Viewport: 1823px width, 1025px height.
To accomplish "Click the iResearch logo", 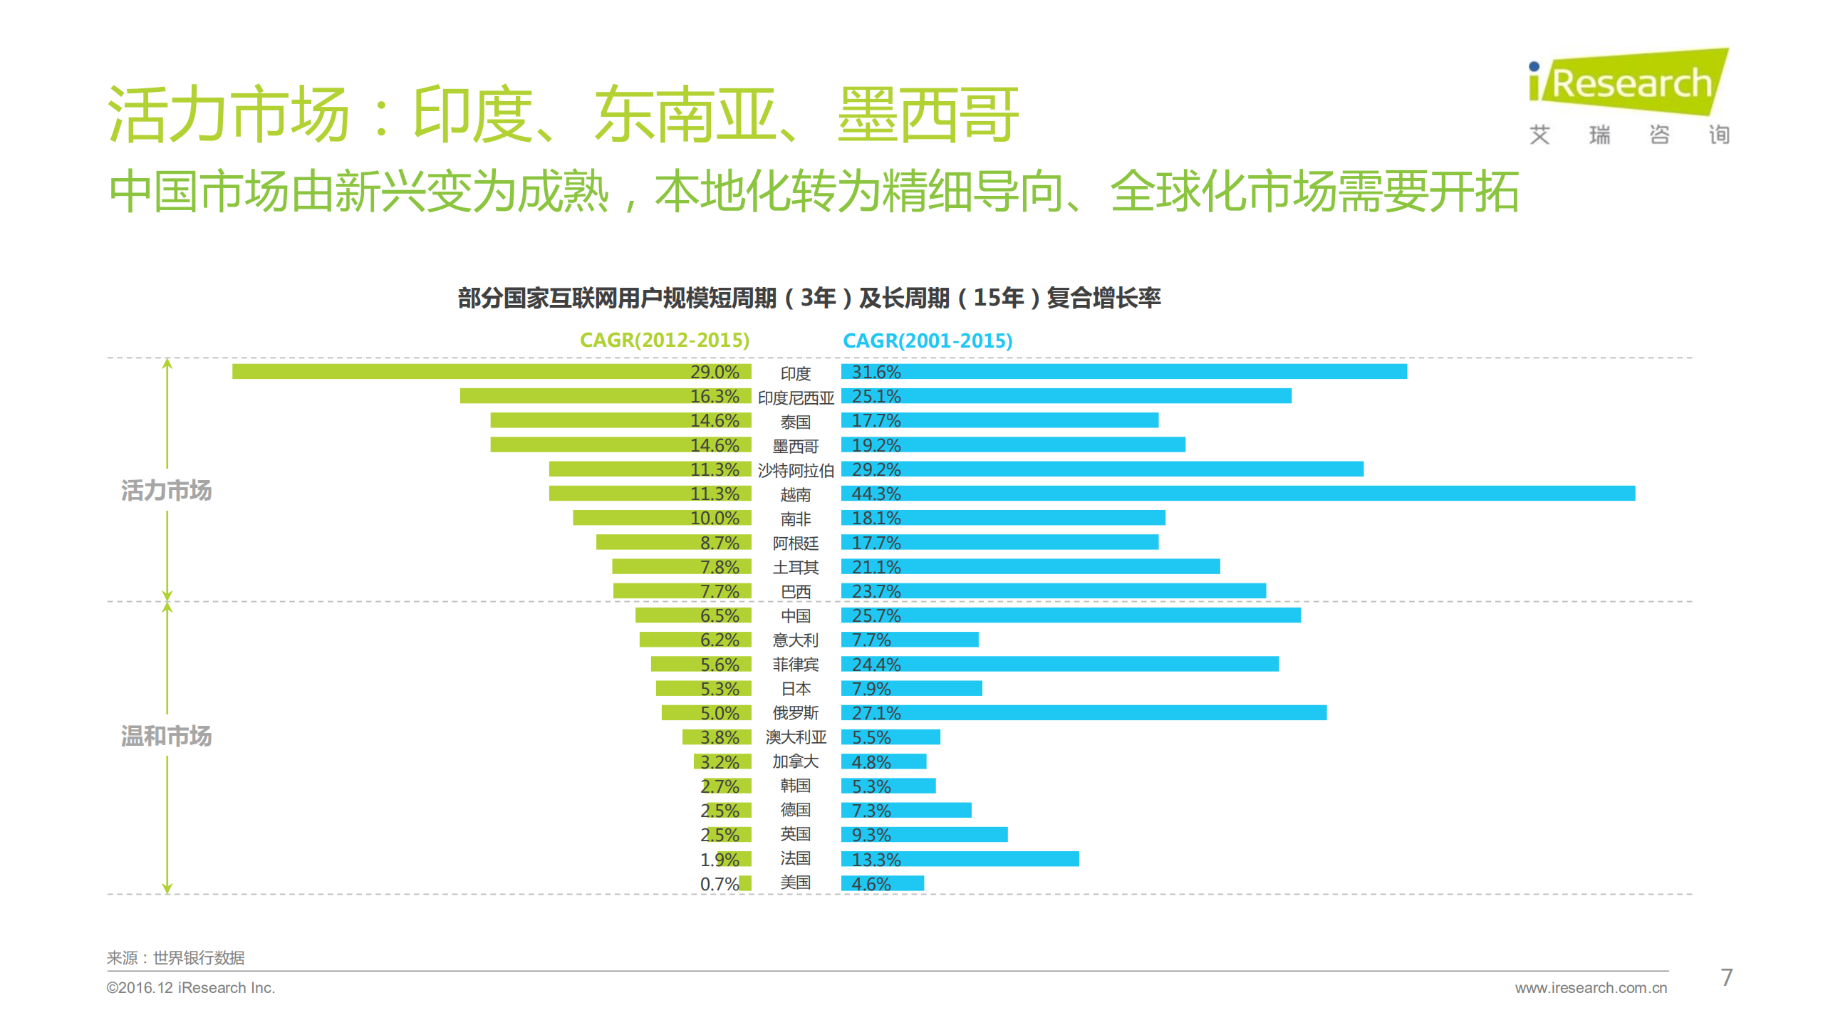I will (1629, 84).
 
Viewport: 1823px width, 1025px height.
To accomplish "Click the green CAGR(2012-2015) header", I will (664, 340).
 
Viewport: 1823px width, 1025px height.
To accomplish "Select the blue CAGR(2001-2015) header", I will (927, 341).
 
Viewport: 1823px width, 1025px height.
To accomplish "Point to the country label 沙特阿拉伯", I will (795, 470).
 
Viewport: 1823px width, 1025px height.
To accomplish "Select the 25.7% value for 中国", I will (876, 615).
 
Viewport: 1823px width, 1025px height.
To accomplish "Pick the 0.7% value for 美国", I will (718, 884).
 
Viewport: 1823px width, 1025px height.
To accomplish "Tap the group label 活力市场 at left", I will (166, 491).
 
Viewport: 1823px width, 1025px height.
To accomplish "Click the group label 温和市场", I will (166, 736).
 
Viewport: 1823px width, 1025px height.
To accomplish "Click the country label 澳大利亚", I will (795, 737).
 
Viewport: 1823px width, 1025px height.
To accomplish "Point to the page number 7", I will (1726, 977).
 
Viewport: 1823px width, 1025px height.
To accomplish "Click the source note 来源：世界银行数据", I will (175, 958).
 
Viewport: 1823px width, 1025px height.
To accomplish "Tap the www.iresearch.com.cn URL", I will (1590, 988).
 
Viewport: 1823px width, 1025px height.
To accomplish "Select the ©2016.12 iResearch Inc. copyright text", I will (190, 988).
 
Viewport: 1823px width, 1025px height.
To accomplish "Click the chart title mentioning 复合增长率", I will (809, 298).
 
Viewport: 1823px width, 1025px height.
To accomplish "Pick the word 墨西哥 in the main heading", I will (927, 115).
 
